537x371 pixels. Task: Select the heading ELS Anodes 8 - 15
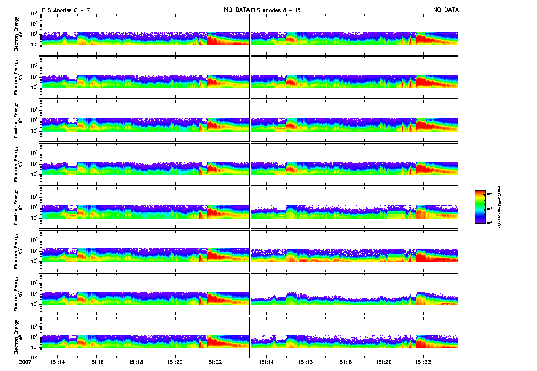(276, 10)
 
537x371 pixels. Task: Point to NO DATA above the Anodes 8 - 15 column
(445, 10)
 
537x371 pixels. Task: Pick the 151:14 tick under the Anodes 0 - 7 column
(58, 362)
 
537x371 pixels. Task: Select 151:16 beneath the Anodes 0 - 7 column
(96, 362)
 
